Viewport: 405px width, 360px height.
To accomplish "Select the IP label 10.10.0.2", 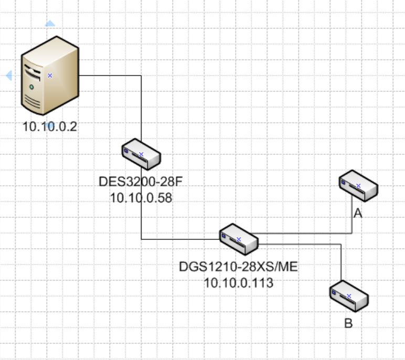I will [x=50, y=126].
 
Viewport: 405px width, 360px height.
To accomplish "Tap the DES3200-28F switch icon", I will [x=141, y=154].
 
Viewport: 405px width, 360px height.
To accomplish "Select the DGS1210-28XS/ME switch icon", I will [x=239, y=239].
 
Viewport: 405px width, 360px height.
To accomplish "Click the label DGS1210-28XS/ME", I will [x=238, y=267].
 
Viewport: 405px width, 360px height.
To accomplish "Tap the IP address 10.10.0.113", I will [x=239, y=283].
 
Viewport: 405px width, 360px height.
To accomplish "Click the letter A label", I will [x=358, y=214].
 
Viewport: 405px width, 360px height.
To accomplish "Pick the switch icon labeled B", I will [x=349, y=297].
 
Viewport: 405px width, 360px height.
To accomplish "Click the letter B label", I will [x=348, y=323].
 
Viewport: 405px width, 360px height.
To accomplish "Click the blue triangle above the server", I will [x=50, y=24].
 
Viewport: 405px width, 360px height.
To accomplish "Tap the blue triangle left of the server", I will [x=8, y=76].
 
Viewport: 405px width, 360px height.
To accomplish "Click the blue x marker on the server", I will [x=50, y=76].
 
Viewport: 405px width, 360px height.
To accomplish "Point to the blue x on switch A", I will [x=358, y=186].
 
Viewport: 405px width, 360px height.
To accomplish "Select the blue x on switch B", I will [x=349, y=296].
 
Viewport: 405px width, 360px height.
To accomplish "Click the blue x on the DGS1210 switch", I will [x=239, y=239].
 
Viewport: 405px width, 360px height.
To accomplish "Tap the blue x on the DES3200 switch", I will [x=141, y=154].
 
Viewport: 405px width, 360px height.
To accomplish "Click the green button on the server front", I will [x=31, y=86].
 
